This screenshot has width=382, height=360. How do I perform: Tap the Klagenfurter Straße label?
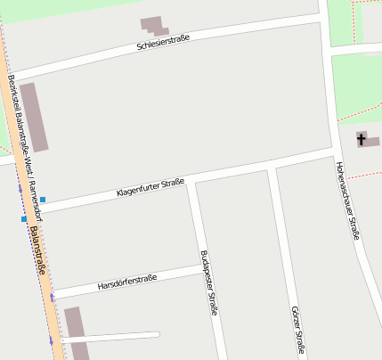[150, 188]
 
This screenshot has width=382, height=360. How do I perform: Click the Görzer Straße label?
[298, 331]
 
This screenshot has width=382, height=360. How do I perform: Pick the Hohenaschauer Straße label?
[347, 200]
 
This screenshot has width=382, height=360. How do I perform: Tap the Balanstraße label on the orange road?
[38, 250]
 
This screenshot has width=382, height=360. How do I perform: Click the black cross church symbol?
[361, 139]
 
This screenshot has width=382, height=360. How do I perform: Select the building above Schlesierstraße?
[153, 27]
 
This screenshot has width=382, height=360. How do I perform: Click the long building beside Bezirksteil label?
[35, 117]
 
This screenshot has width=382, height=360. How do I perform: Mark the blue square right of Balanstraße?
[42, 199]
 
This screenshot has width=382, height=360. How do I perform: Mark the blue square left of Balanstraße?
[24, 218]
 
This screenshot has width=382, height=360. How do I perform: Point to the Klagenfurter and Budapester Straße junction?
[190, 183]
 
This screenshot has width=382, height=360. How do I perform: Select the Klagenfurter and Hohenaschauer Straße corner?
[333, 152]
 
